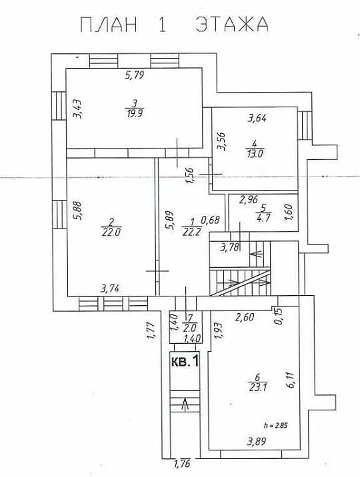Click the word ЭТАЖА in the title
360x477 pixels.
(232, 25)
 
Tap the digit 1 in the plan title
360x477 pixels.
(161, 25)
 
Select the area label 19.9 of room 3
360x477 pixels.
(134, 113)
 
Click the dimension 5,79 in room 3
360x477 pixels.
(134, 75)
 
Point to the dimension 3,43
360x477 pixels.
(79, 109)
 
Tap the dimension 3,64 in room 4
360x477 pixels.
(257, 118)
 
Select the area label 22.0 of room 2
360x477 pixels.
(112, 233)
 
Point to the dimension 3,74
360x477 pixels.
(110, 288)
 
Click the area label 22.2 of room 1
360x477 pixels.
(192, 233)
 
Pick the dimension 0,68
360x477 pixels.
(210, 220)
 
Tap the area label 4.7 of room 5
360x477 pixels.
(263, 218)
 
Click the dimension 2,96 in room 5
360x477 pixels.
(249, 200)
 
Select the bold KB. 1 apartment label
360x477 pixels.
(185, 361)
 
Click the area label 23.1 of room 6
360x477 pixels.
(257, 388)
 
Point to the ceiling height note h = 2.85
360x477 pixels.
(275, 425)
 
